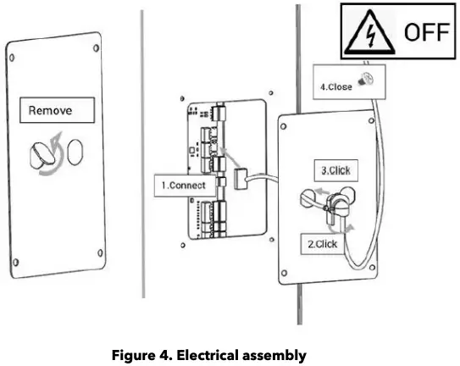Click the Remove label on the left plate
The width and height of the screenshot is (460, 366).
click(x=50, y=110)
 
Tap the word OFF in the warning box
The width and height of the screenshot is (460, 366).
click(x=423, y=34)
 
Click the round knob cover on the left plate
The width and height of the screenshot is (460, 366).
click(x=42, y=155)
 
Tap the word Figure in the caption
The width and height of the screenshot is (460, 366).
click(x=133, y=356)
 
